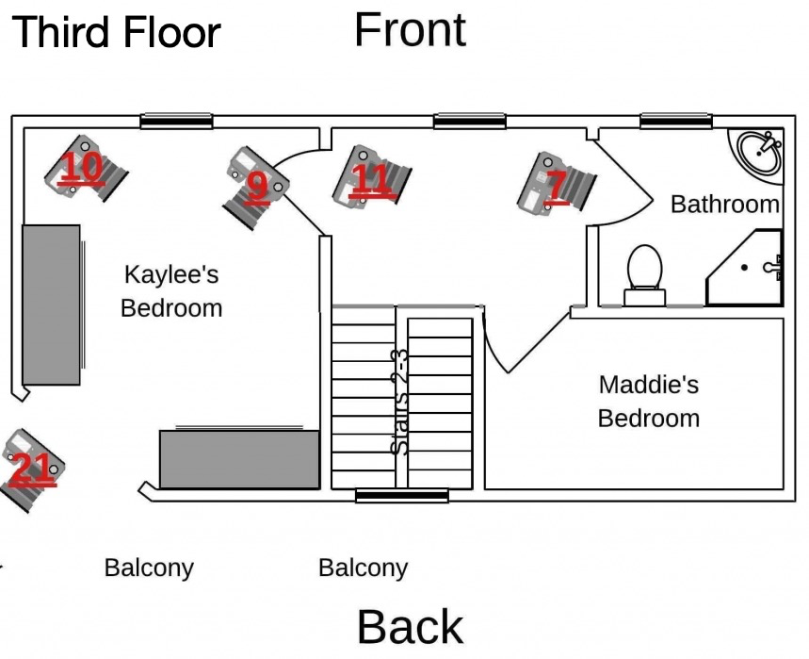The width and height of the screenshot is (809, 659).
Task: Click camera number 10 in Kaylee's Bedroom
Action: pyautogui.click(x=85, y=168)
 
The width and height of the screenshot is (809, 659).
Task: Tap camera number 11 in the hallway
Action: pyautogui.click(x=372, y=176)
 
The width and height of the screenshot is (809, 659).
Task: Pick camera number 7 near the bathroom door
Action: pyautogui.click(x=556, y=184)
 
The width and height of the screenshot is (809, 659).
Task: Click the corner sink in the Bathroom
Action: pyautogui.click(x=759, y=152)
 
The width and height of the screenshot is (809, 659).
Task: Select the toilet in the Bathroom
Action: pyautogui.click(x=645, y=273)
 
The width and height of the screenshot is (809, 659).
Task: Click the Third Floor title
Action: pyautogui.click(x=116, y=32)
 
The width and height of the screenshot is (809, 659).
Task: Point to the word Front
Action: pyautogui.click(x=410, y=29)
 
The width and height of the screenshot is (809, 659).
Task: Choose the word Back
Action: pyautogui.click(x=410, y=627)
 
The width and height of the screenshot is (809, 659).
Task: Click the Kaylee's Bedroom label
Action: pyautogui.click(x=171, y=291)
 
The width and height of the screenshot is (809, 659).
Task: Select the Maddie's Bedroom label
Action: pyautogui.click(x=649, y=401)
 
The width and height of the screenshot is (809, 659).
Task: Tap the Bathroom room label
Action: pyautogui.click(x=724, y=204)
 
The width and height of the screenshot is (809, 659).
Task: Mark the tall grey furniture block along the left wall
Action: pyautogui.click(x=51, y=304)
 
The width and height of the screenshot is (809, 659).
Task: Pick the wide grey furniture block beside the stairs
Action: pyautogui.click(x=240, y=459)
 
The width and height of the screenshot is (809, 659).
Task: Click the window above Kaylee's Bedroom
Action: pyautogui.click(x=176, y=121)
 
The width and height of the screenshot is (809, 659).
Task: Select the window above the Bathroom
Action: pyautogui.click(x=675, y=121)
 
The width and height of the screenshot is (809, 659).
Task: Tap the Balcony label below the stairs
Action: pyautogui.click(x=363, y=568)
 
